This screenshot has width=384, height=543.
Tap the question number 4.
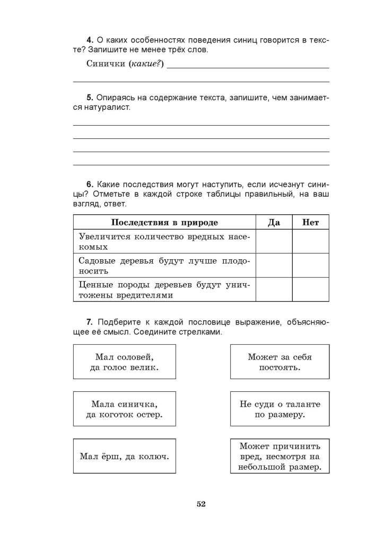pyautogui.click(x=90, y=40)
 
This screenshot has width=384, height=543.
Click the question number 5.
pyautogui.click(x=90, y=98)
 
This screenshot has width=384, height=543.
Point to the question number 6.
pyautogui.click(x=90, y=185)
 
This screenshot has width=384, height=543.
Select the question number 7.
pyautogui.click(x=90, y=322)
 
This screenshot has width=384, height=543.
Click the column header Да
pyautogui.click(x=274, y=223)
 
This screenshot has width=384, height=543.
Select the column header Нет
pyautogui.click(x=310, y=223)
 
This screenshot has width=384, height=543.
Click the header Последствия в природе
pyautogui.click(x=164, y=223)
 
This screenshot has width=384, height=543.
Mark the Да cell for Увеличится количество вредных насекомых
pyautogui.click(x=274, y=241)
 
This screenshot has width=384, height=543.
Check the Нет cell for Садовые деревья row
pyautogui.click(x=310, y=265)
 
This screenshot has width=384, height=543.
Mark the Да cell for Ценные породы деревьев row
pyautogui.click(x=274, y=290)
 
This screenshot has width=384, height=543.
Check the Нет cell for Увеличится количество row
pyautogui.click(x=310, y=241)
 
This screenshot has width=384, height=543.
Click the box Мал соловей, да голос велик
pyautogui.click(x=124, y=362)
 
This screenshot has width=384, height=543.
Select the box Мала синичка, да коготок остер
pyautogui.click(x=124, y=409)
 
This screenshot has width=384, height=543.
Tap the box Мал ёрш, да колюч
pyautogui.click(x=124, y=456)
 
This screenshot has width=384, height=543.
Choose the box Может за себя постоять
pyautogui.click(x=280, y=362)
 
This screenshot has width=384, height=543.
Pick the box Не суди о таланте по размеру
pyautogui.click(x=280, y=409)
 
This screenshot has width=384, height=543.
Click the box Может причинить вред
pyautogui.click(x=280, y=456)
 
